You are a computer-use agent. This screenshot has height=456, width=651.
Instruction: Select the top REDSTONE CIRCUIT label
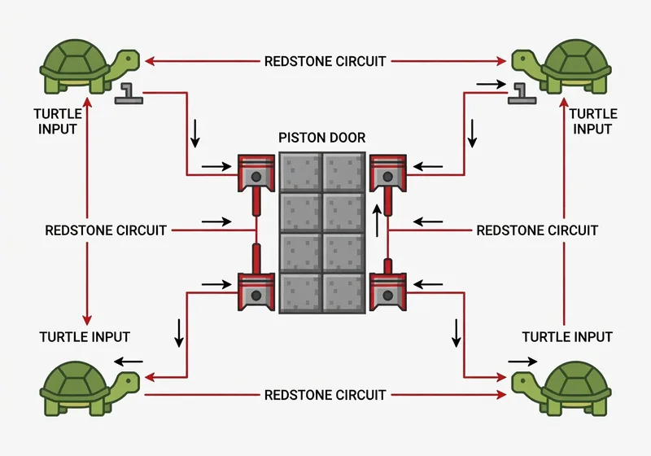[x=325, y=61]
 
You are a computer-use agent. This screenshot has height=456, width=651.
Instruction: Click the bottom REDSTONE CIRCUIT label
[x=325, y=395]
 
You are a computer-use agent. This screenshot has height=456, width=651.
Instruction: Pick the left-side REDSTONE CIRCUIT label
[x=106, y=230]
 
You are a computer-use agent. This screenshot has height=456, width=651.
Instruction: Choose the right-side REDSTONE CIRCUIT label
[x=537, y=230]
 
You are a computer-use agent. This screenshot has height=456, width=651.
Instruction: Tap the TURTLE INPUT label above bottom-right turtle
[x=567, y=336]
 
